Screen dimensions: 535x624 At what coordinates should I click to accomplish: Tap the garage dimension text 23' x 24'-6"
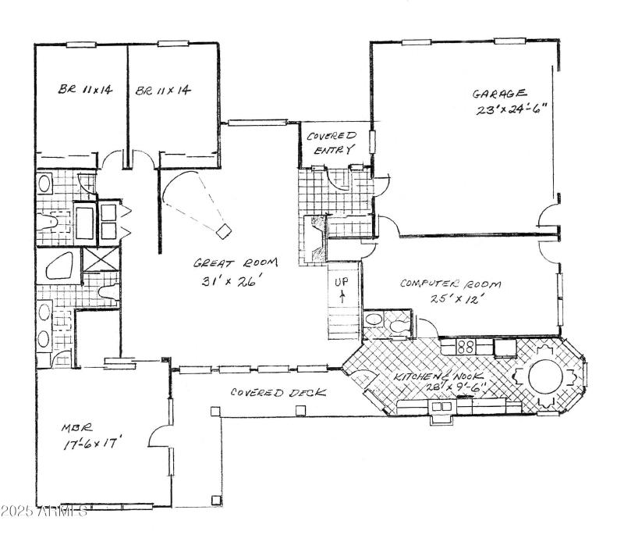[x=508, y=110]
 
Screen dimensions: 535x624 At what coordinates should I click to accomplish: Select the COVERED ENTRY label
[x=330, y=142]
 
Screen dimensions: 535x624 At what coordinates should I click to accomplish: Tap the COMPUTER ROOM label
[x=450, y=284]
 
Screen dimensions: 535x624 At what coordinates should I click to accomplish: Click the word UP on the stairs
[x=342, y=280]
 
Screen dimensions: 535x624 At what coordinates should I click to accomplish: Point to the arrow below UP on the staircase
[x=342, y=296]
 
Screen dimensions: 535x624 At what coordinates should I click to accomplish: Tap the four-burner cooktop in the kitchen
[x=466, y=346]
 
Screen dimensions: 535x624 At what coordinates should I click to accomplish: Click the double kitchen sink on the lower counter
[x=441, y=406]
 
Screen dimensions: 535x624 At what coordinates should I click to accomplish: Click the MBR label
[x=76, y=427]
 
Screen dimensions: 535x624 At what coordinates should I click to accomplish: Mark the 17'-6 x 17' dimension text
[x=93, y=444]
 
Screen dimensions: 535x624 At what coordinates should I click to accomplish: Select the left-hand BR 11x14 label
[x=85, y=91]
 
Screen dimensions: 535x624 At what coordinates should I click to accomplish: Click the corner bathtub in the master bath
[x=59, y=266]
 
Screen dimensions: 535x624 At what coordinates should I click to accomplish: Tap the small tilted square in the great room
[x=224, y=230]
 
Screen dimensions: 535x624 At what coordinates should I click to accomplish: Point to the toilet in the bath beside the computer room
[x=399, y=323]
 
